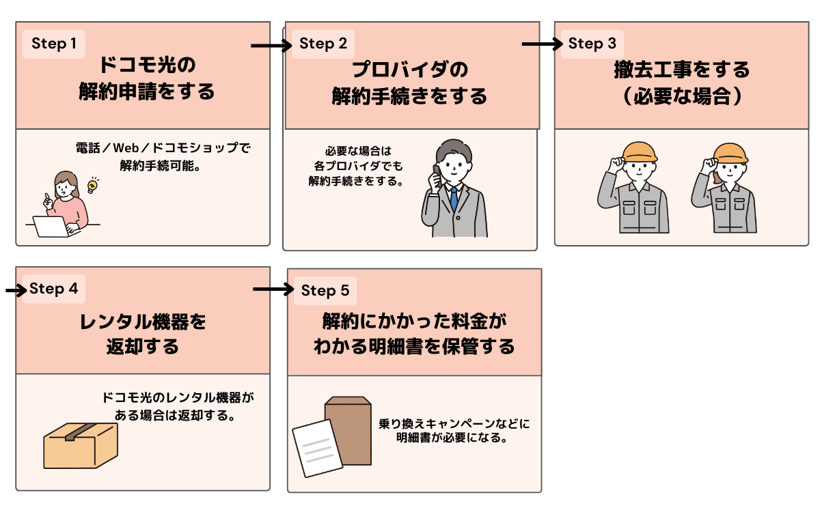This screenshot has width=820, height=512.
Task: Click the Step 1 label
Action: click(54, 44)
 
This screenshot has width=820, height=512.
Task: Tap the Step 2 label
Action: click(324, 44)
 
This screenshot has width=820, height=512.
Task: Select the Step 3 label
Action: click(592, 44)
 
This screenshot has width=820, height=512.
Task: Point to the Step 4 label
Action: click(54, 289)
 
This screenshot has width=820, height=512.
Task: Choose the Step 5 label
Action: click(325, 291)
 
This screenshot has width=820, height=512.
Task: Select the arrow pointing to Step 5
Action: click(272, 289)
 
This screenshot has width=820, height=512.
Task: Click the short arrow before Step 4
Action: click(14, 290)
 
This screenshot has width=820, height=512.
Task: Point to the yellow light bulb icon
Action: click(92, 184)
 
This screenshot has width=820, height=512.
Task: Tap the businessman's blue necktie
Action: click(453, 197)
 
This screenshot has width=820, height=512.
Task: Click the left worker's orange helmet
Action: click(640, 151)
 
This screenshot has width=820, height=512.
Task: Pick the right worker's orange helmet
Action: click(730, 152)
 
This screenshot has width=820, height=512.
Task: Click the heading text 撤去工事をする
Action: click(681, 70)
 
